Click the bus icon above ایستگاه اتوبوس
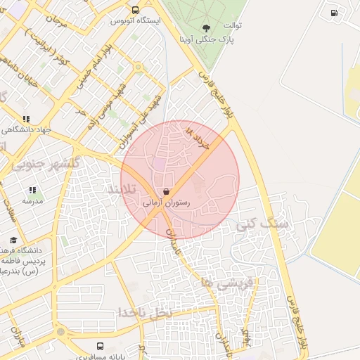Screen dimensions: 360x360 coord(135,11)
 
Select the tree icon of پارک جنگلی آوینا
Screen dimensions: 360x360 coord(205,28)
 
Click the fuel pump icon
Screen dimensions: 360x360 coord(333,12)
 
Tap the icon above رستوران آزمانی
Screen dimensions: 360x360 coord(166,191)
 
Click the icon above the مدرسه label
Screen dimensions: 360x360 coord(32,190)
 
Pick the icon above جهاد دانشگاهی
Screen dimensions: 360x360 coord(27,120)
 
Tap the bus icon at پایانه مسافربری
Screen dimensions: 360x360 coord(100,347)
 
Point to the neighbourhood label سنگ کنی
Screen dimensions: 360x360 coord(265,224)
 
